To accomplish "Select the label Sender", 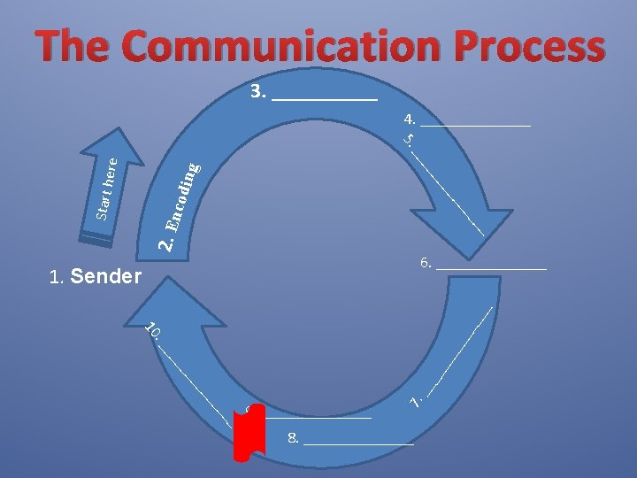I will (x=105, y=278).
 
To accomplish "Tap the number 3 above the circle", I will (x=257, y=92).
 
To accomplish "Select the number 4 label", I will (x=409, y=119).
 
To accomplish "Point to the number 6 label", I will (x=426, y=263).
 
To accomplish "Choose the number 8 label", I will (x=293, y=438).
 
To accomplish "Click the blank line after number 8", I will (x=358, y=443).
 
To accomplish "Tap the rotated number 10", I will (x=152, y=330).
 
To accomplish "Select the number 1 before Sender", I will (x=56, y=279).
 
